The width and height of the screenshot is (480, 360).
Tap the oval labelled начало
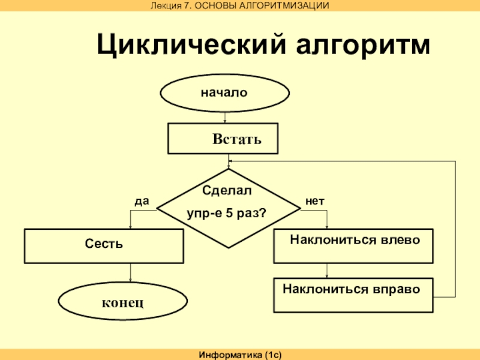(224, 93)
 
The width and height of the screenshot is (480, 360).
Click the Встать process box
(223, 139)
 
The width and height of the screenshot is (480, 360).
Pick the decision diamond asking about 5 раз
(228, 210)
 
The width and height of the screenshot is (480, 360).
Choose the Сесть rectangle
(104, 245)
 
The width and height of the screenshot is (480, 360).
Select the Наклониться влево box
(353, 246)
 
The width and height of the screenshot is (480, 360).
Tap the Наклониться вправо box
(353, 295)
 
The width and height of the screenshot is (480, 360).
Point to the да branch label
(141, 202)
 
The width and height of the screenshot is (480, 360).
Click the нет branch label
(315, 202)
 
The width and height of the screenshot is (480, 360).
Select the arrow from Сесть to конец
(130, 274)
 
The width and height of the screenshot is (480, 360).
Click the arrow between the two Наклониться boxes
(327, 270)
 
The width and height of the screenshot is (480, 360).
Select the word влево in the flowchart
(398, 240)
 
